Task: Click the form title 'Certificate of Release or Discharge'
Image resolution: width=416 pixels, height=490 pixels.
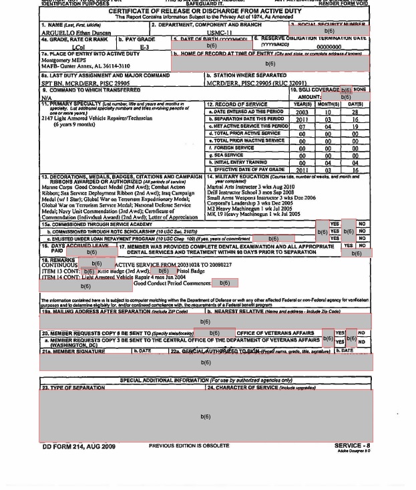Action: (204, 11)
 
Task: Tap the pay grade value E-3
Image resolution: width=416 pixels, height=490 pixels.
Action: (144, 47)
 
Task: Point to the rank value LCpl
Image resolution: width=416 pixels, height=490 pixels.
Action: (78, 47)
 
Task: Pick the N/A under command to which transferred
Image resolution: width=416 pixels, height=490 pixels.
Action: (46, 98)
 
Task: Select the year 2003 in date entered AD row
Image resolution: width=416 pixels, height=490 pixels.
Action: (302, 112)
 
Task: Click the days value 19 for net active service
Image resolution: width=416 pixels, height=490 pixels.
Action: (355, 126)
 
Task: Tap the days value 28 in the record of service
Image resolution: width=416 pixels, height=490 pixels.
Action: (355, 112)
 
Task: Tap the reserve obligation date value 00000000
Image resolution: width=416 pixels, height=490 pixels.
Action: (329, 47)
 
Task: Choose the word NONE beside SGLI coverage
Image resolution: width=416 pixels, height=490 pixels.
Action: (360, 90)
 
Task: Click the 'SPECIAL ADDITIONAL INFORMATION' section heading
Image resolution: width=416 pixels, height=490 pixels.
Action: (204, 380)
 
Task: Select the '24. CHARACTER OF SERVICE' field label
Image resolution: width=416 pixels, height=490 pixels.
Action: (261, 388)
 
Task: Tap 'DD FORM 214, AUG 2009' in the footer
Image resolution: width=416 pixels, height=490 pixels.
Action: (79, 446)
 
